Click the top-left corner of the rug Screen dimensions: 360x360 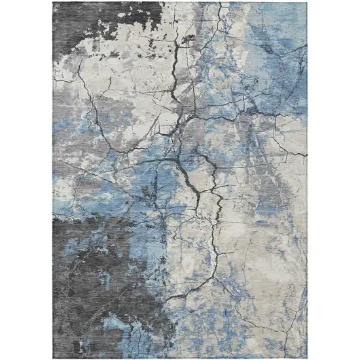point(54,3)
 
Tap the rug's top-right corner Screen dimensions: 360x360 point(307,3)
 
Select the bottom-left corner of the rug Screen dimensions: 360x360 point(54,357)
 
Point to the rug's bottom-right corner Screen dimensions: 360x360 point(307,357)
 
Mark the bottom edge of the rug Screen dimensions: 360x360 point(180,357)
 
